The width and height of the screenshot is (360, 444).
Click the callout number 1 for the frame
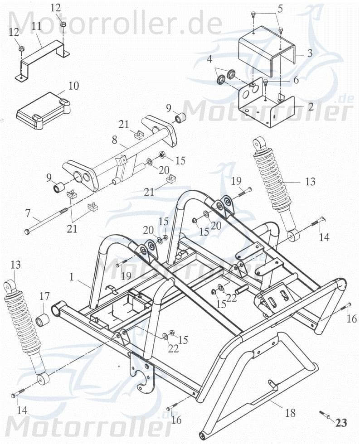click(x=72, y=275)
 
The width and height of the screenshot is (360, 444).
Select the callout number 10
click(x=73, y=86)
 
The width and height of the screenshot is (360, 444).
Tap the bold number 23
click(x=341, y=423)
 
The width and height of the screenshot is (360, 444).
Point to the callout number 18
click(x=290, y=413)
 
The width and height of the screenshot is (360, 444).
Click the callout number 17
click(x=44, y=297)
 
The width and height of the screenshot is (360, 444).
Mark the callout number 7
click(x=28, y=212)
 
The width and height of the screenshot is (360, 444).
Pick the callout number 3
click(x=310, y=53)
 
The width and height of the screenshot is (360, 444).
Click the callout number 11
click(x=36, y=26)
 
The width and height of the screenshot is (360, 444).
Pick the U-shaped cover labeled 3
click(x=268, y=52)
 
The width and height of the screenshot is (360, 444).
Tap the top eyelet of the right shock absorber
click(x=259, y=144)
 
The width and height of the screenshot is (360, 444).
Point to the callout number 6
click(x=296, y=80)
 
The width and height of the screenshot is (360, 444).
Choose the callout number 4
click(x=209, y=59)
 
